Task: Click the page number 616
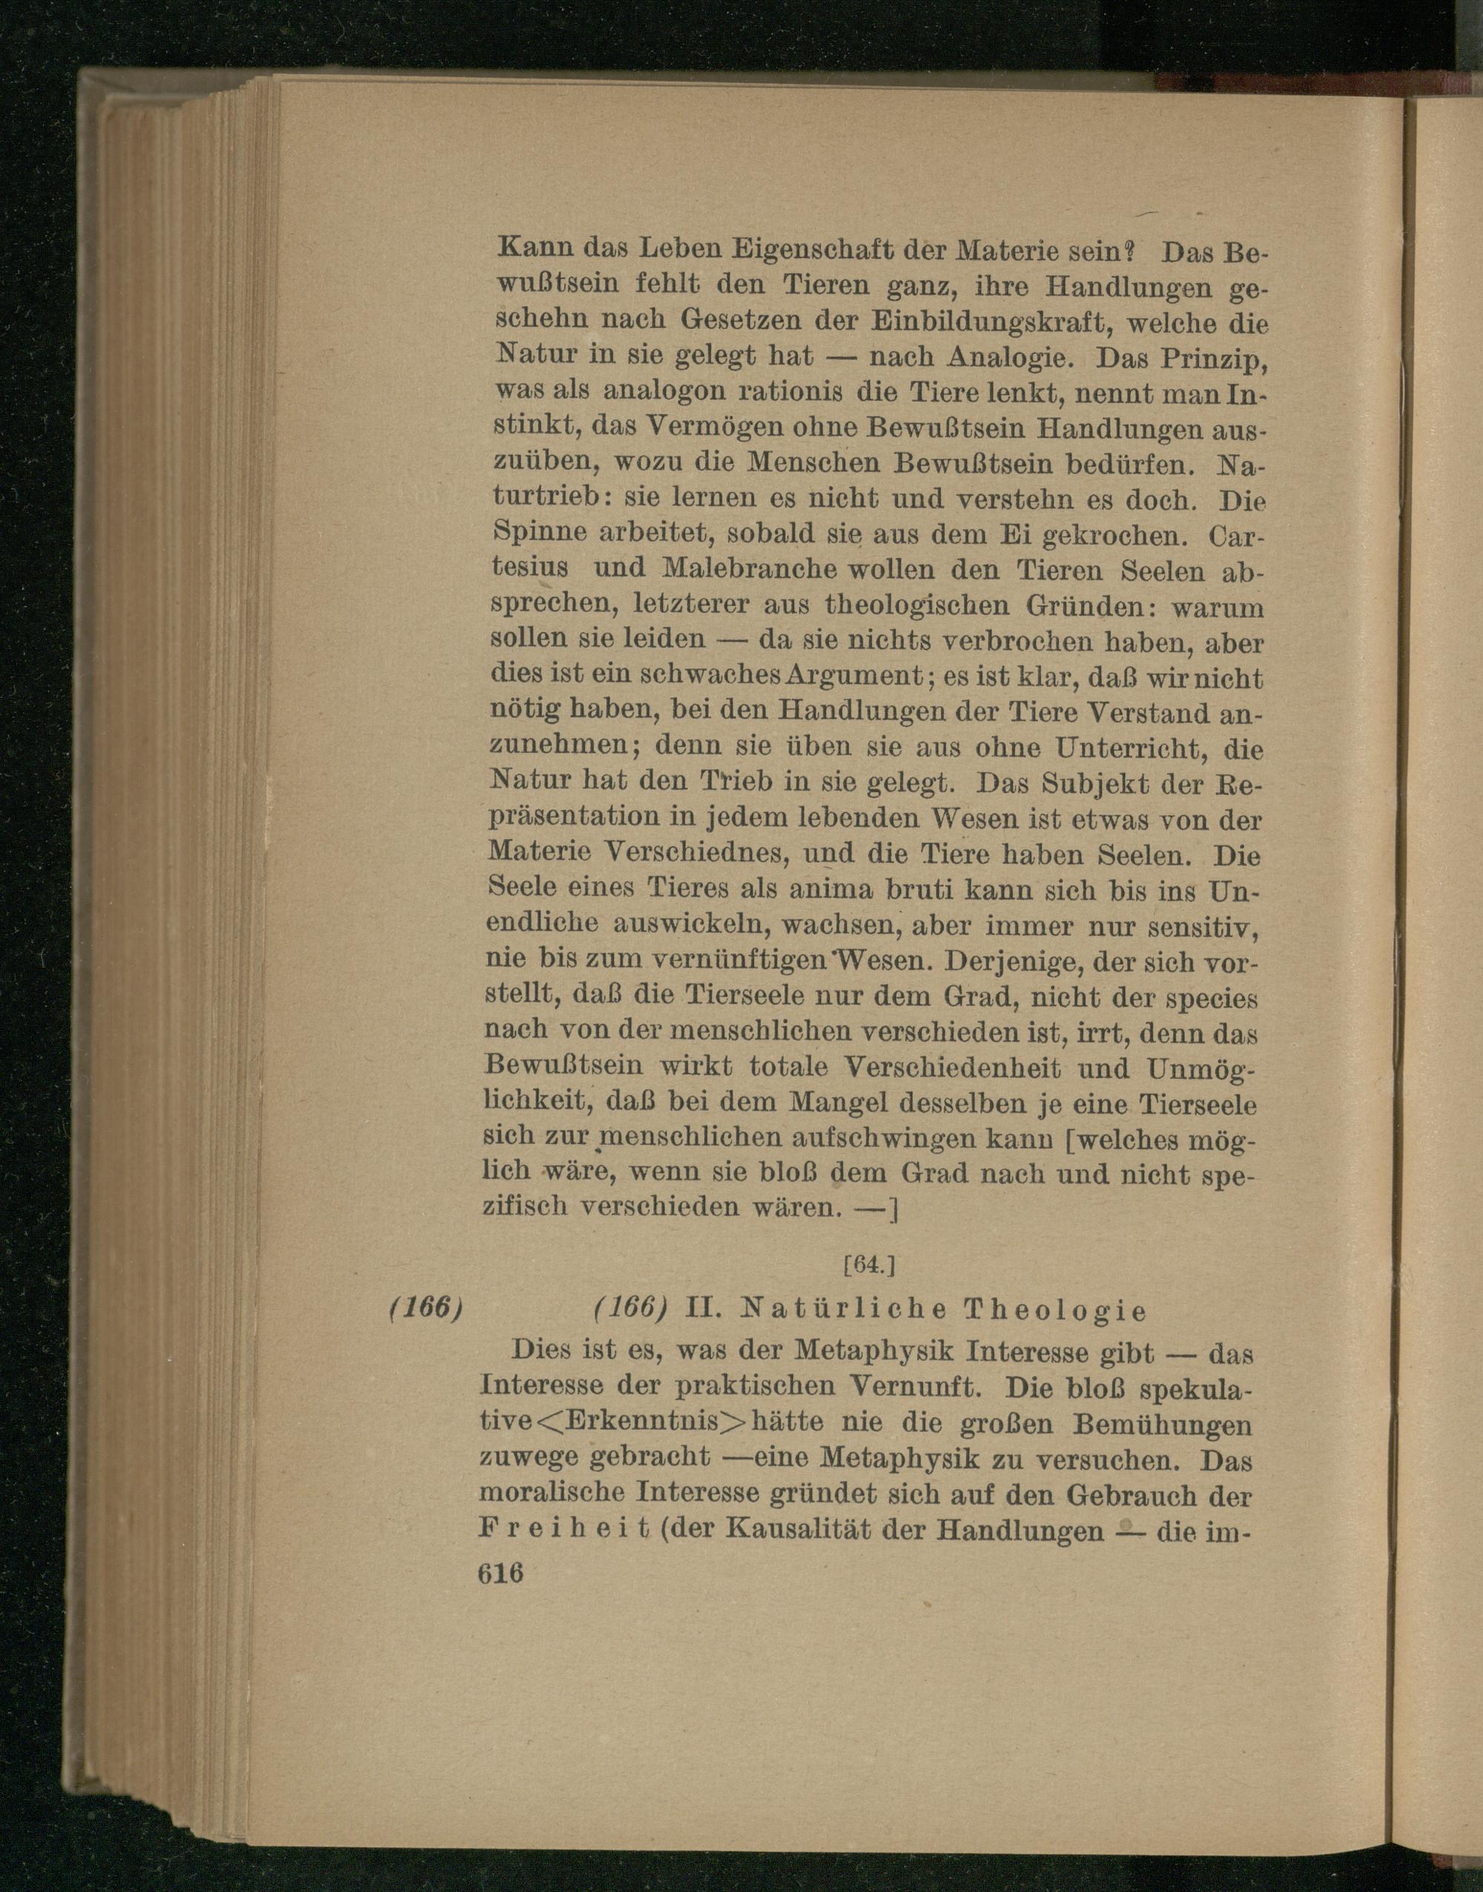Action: coord(501,1573)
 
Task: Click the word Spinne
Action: coord(533,533)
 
